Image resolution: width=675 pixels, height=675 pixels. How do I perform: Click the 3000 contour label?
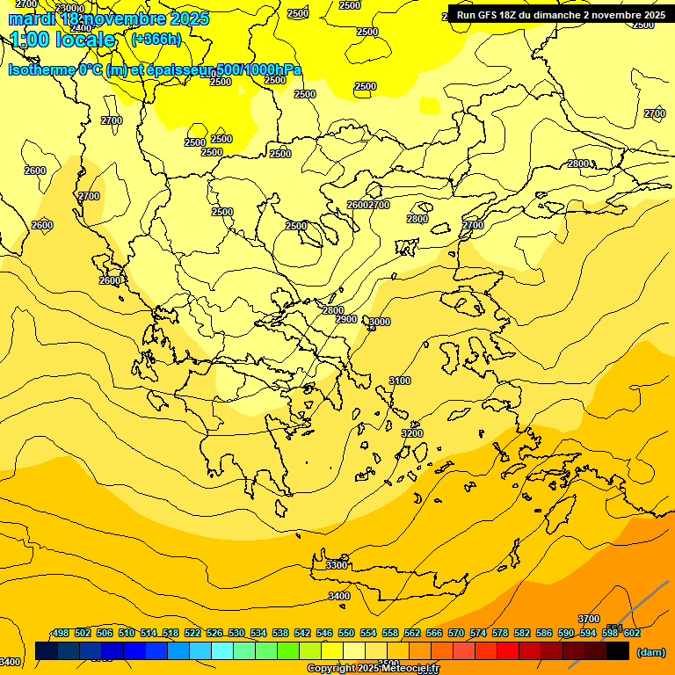point(379,323)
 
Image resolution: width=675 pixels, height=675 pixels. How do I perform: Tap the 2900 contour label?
point(346,319)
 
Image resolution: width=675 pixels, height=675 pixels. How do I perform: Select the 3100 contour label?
point(400,381)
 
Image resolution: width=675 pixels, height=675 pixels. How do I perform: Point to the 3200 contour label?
point(411,433)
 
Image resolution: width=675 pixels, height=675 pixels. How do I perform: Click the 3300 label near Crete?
point(337,565)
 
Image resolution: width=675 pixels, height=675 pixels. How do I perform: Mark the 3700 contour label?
point(589,619)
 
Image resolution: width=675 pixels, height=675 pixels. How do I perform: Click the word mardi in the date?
point(33,18)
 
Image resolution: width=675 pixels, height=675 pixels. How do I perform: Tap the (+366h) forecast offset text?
point(156,39)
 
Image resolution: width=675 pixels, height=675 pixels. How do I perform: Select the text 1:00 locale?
point(62,40)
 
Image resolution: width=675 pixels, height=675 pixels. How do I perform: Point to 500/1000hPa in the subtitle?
point(260,69)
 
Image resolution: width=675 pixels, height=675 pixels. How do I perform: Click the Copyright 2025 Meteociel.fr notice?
point(373,669)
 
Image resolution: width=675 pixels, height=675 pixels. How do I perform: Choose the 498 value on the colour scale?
point(61,633)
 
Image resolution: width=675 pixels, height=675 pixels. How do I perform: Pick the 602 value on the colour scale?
point(632,633)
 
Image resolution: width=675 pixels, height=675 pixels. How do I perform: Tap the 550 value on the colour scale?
point(346,633)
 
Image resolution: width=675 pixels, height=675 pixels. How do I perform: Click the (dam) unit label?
point(650,652)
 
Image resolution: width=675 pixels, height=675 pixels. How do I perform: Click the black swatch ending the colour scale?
point(618,651)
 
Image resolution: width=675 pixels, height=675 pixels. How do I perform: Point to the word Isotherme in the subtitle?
point(44,69)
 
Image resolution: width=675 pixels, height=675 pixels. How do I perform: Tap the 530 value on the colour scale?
point(236,633)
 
